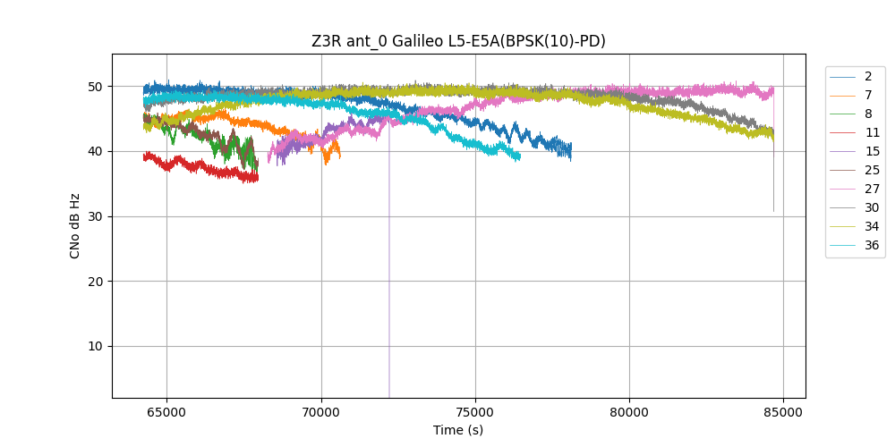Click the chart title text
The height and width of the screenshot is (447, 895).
tap(458, 41)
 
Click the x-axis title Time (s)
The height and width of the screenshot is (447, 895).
tap(458, 430)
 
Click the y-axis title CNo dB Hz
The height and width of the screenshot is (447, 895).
tap(75, 225)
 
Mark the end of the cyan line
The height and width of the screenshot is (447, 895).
tap(519, 157)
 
